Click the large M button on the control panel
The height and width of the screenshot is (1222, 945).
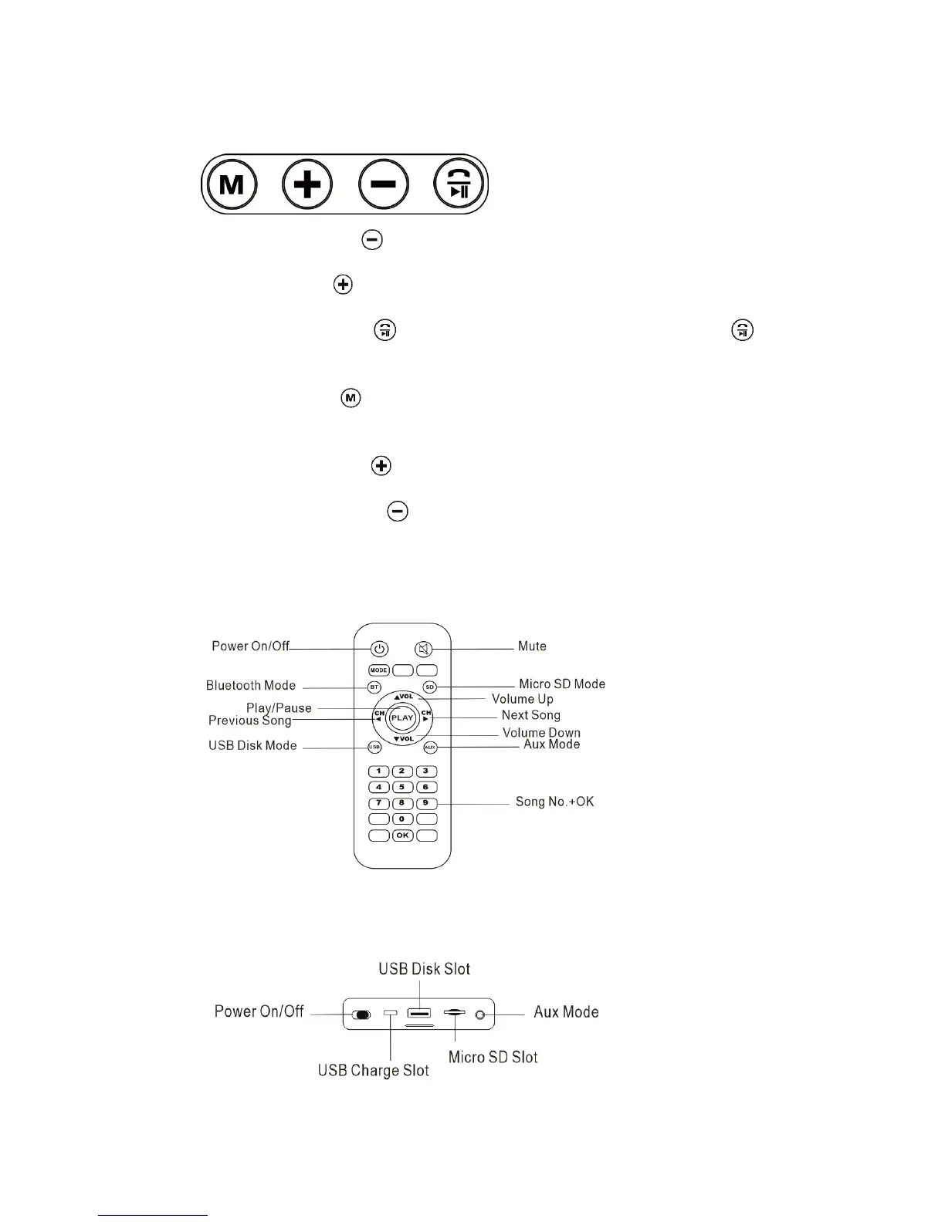coord(232,184)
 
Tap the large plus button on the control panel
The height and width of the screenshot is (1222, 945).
coord(307,184)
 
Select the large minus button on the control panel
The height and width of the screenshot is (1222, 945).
coord(383,184)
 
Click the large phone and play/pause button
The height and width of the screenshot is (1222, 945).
coord(459,184)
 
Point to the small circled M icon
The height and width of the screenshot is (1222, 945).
coord(351,398)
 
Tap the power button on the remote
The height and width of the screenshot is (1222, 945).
coord(378,649)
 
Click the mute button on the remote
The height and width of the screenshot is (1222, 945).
coord(423,649)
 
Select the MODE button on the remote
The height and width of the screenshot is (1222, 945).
coord(378,670)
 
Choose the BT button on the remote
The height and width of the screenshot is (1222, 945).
coord(374,687)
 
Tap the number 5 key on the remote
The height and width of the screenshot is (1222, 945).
coord(402,787)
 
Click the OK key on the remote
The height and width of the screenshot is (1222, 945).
coord(402,835)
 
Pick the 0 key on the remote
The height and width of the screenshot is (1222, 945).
coord(402,819)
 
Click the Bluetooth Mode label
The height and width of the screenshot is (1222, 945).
coord(251,685)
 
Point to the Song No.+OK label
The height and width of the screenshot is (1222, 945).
coord(554,802)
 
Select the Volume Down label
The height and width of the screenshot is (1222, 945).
coord(541,733)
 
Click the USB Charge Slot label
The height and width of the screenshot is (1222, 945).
coord(373,1071)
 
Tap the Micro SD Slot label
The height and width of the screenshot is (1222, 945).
coord(493,1057)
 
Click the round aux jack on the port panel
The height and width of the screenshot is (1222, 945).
coord(480,1014)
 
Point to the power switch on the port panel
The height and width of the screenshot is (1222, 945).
coord(361,1014)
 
